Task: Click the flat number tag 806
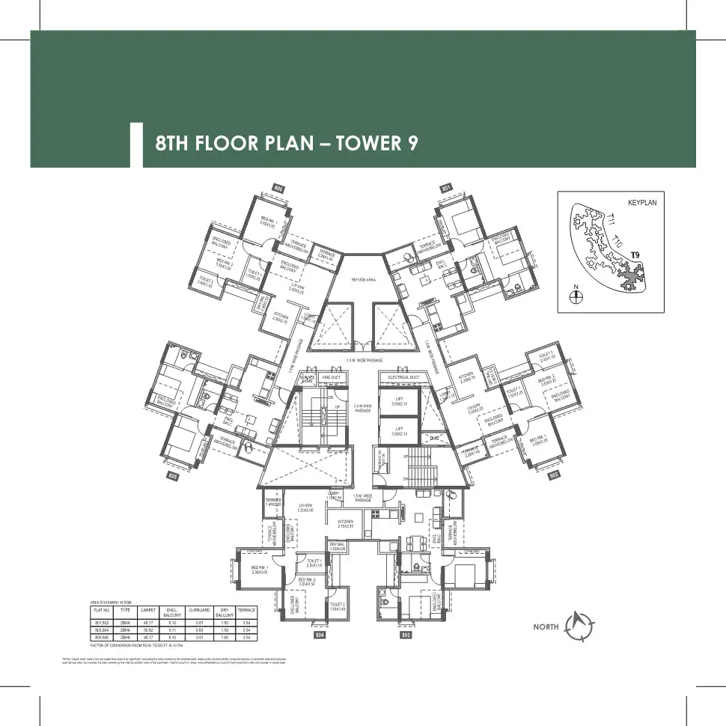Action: (x=278, y=188)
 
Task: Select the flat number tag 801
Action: (x=447, y=188)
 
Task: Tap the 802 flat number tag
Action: (x=555, y=475)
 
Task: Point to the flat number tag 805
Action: (x=172, y=475)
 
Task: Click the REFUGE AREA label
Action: (x=363, y=279)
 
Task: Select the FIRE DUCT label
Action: (x=332, y=377)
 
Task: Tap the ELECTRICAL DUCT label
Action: (x=403, y=377)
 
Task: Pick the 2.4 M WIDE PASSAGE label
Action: (x=363, y=409)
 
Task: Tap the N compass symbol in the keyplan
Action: (x=576, y=296)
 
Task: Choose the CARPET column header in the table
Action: (x=147, y=611)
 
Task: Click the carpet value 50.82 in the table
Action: (x=147, y=629)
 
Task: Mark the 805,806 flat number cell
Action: (x=101, y=636)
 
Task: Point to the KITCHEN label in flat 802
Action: (x=466, y=376)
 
